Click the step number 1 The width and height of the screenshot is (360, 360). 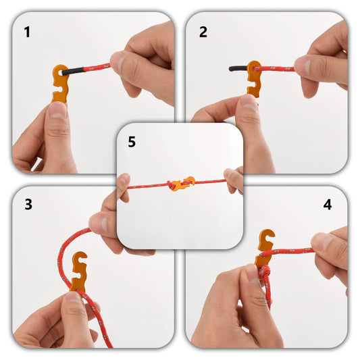27,32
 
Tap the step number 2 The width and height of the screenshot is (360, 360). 203,32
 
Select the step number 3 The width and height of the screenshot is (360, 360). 28,205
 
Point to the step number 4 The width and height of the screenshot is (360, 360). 328,205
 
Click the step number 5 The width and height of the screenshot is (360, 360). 132,142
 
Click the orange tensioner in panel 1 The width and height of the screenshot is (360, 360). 61,83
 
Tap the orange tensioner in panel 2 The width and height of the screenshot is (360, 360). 254,78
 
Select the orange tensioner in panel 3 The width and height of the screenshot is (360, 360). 79,271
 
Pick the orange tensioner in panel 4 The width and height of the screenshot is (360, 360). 265,250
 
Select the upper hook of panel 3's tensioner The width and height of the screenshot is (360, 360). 80,259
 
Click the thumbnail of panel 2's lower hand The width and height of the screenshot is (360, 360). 249,103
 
